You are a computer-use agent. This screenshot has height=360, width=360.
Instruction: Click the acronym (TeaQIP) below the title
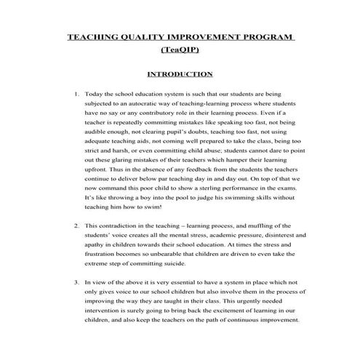pos(180,51)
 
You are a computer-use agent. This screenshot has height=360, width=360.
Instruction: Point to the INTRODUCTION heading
pos(180,74)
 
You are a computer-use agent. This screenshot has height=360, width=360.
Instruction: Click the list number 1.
pos(77,95)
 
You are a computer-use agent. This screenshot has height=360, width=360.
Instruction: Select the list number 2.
pos(77,226)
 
